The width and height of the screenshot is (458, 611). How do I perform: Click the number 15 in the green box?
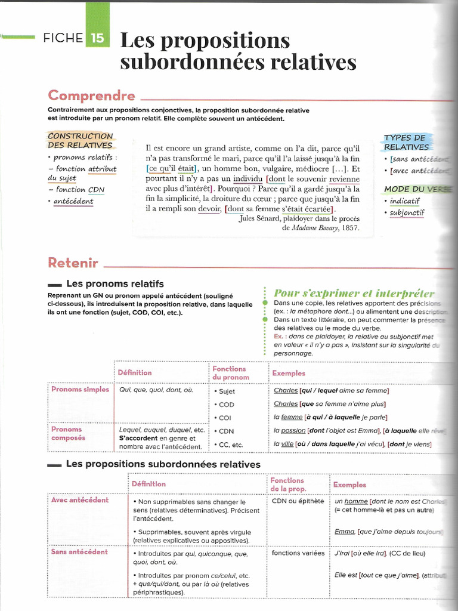(97, 39)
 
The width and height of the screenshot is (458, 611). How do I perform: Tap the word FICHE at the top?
(63, 39)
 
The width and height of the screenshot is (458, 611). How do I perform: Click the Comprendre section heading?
(91, 95)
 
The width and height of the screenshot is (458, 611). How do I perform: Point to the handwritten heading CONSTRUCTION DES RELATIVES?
(80, 140)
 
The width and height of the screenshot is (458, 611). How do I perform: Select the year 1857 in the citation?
(351, 227)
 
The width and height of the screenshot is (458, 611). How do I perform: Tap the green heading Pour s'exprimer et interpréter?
(354, 293)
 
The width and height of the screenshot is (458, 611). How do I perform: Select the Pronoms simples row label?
(80, 390)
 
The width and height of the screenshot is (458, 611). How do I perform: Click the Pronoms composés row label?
(68, 433)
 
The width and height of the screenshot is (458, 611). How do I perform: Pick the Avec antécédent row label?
(80, 500)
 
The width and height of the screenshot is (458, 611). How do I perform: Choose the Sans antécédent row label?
(79, 552)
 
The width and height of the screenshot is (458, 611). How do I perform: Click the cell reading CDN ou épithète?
(298, 501)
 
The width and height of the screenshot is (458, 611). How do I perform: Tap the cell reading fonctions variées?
(298, 553)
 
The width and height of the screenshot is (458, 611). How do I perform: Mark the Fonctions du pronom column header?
(229, 373)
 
